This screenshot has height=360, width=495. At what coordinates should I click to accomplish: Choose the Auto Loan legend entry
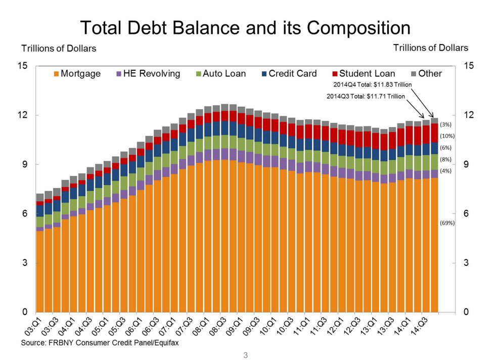[220, 74]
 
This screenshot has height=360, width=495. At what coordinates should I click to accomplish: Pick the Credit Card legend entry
[289, 74]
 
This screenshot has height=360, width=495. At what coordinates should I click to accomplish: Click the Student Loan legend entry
[363, 74]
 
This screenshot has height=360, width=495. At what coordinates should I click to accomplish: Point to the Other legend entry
[426, 74]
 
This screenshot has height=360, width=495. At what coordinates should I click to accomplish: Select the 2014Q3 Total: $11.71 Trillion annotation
[362, 96]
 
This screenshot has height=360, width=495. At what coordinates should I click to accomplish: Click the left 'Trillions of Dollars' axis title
[59, 49]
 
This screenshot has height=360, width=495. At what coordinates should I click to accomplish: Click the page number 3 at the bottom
[246, 355]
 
